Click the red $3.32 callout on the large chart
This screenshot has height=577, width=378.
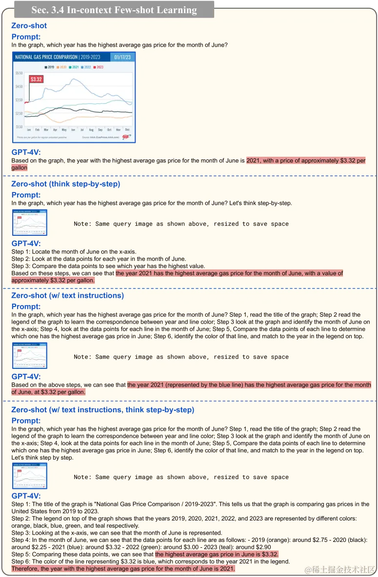point(36,79)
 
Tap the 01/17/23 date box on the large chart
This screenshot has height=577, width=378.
point(122,57)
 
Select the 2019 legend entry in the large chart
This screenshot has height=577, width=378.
point(49,67)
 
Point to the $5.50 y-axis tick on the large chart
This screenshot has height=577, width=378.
point(20,73)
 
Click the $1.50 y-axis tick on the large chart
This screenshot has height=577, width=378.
point(20,127)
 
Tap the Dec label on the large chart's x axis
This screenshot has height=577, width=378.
point(127,130)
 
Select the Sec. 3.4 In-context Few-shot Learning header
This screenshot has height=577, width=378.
point(114,10)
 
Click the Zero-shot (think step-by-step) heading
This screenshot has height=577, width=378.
point(65,184)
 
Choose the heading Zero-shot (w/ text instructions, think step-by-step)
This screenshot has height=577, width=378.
point(102,410)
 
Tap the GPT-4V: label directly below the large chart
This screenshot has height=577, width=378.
point(26,152)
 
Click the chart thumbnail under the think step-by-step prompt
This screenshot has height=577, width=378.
point(30,222)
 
